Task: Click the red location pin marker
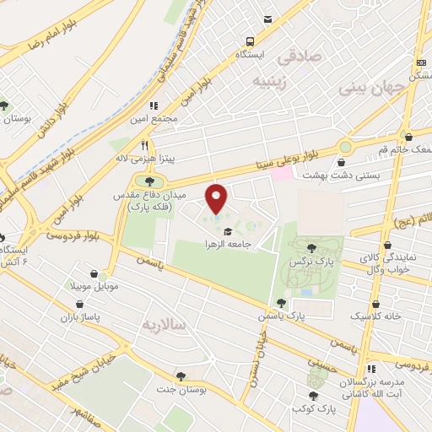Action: pos(217,198)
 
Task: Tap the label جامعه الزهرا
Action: pos(229,244)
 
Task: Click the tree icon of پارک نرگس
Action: pos(312,248)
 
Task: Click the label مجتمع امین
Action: pos(154,118)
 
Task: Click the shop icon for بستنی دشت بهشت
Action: pos(343,161)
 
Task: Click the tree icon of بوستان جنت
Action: pos(180,376)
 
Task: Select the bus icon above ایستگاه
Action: pos(250,40)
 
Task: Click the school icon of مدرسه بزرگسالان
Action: pos(371,370)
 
